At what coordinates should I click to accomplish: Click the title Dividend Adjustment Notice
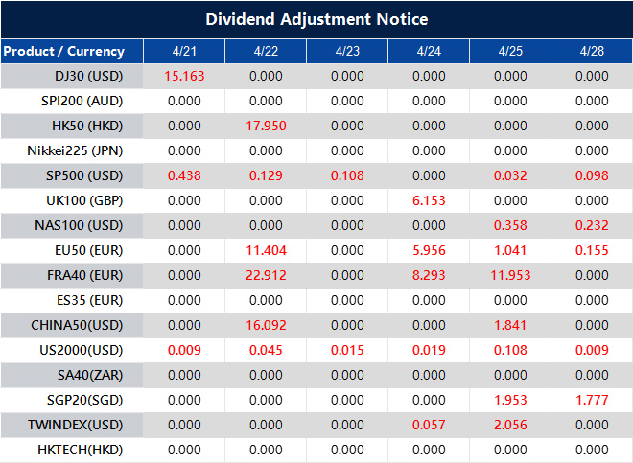[316, 19]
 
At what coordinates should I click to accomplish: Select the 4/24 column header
[429, 51]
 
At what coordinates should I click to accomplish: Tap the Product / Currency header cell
[63, 51]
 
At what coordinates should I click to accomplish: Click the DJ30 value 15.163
[184, 76]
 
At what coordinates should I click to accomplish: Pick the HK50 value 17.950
[266, 126]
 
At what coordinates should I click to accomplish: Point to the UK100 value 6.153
[429, 200]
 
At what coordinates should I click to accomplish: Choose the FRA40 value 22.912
[266, 275]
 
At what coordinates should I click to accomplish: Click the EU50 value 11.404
[266, 250]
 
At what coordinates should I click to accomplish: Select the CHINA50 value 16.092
[266, 325]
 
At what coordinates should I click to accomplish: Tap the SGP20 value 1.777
[592, 400]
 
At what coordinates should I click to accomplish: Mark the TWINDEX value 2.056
[510, 425]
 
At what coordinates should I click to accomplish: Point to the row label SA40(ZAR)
[88, 375]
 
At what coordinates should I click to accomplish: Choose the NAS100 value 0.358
[510, 225]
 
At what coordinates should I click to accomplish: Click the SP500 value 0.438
[184, 175]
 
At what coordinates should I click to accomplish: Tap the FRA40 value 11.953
[510, 275]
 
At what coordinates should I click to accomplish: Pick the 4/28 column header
[592, 51]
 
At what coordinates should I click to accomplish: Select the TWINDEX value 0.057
[429, 425]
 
